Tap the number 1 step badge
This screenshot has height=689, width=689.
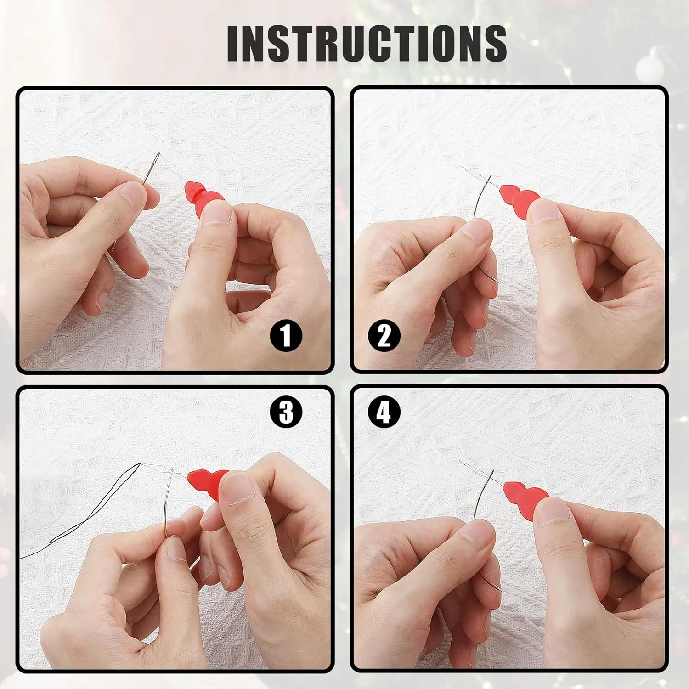[x=286, y=336]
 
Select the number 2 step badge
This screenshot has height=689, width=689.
[x=384, y=336]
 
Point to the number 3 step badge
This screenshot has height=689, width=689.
[x=286, y=412]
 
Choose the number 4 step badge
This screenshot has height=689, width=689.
[x=384, y=412]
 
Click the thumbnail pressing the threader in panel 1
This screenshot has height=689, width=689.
[x=216, y=213]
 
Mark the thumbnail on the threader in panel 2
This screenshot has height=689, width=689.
[x=544, y=212]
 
